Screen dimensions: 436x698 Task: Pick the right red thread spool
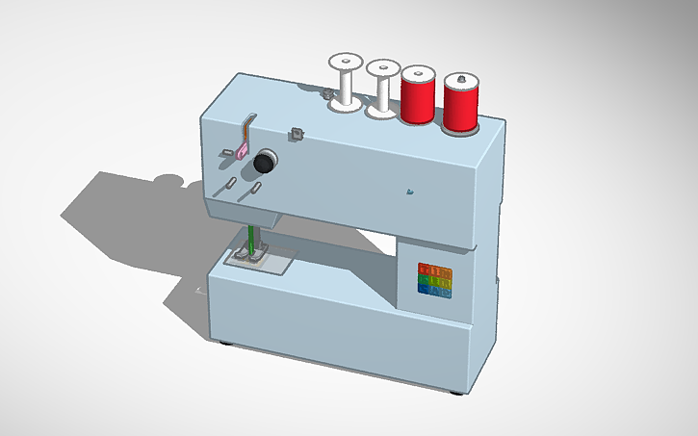(461, 102)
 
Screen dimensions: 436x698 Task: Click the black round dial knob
(264, 161)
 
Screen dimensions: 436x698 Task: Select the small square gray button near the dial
(297, 133)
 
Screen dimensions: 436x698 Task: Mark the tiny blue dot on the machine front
(410, 191)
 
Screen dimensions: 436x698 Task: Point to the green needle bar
(252, 240)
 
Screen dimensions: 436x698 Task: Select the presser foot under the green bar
(249, 257)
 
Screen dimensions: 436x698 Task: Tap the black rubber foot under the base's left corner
(226, 344)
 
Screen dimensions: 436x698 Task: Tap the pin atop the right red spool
(461, 77)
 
